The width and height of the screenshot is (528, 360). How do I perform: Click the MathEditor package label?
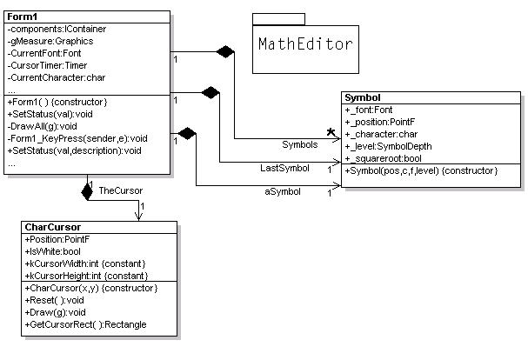pyautogui.click(x=305, y=43)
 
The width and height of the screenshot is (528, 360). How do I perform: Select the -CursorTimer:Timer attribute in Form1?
pyautogui.click(x=50, y=65)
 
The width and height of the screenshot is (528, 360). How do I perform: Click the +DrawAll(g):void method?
pyautogui.click(x=43, y=126)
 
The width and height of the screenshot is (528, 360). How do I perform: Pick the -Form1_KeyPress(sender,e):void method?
pyautogui.click(x=77, y=138)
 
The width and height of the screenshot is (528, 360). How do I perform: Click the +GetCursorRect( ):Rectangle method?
pyautogui.click(x=85, y=324)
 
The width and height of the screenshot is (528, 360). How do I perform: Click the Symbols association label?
pyautogui.click(x=300, y=143)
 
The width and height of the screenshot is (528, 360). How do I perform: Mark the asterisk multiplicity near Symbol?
pyautogui.click(x=332, y=133)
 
